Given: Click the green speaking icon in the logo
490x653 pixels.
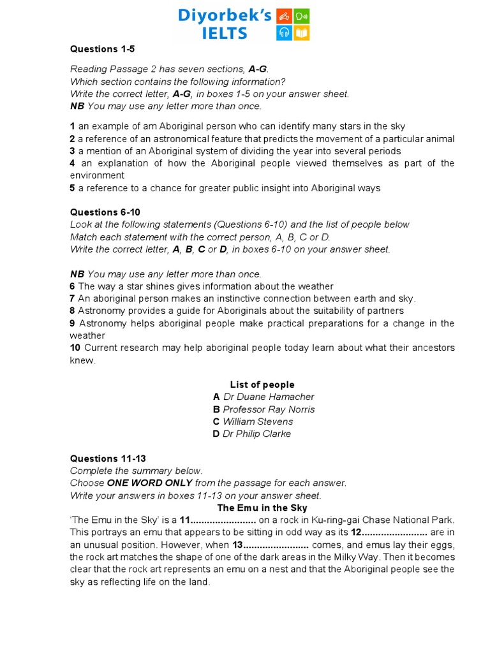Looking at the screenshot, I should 302,17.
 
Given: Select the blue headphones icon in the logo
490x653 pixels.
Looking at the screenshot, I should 284,33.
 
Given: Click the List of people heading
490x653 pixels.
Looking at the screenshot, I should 262,385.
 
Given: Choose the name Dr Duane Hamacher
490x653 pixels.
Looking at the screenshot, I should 268,397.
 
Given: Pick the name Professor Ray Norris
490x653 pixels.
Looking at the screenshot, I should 268,409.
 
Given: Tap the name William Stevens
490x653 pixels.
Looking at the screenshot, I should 258,422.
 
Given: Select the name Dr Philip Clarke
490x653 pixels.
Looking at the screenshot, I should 256,434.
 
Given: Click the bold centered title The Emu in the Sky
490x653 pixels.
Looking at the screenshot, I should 262,508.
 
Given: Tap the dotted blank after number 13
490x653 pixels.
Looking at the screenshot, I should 277,545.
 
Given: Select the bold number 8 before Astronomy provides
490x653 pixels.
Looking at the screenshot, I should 73,311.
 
